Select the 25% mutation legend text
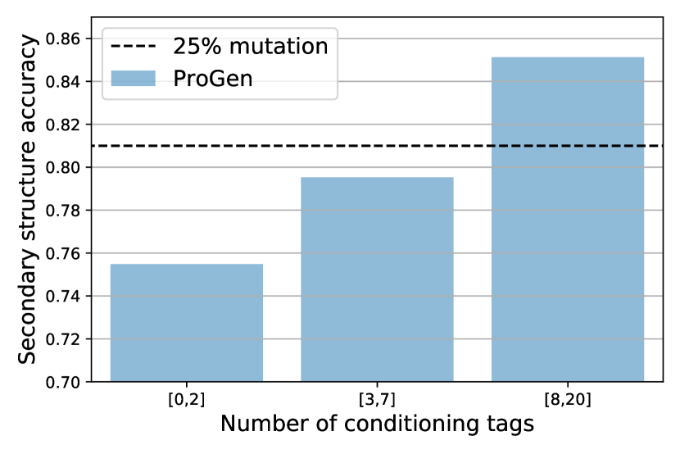[250, 46]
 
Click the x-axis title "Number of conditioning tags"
[377, 424]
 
